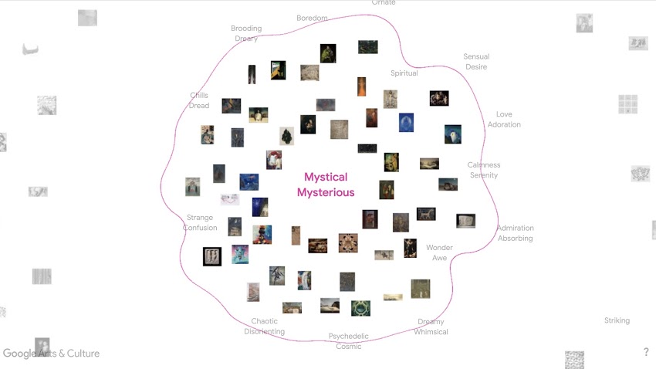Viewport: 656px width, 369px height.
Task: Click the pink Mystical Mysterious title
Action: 326,184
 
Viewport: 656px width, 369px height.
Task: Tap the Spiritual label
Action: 404,73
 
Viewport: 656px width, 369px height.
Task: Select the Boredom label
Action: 312,18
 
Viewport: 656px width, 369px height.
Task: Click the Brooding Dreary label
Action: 246,33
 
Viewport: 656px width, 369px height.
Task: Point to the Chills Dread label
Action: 199,100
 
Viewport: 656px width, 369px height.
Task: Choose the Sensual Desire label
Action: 476,62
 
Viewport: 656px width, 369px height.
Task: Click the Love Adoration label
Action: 504,120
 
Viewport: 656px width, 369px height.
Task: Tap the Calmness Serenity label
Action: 484,170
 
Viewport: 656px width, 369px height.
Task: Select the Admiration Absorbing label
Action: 515,233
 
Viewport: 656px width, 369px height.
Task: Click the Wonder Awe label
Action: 439,252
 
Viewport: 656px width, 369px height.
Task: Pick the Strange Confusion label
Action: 200,222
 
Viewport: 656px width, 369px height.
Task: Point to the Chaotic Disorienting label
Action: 264,327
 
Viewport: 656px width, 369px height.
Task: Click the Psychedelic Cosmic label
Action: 349,341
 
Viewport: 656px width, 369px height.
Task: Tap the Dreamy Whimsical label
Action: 431,327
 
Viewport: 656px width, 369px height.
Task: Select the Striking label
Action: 617,320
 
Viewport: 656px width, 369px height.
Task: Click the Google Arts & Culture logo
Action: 51,354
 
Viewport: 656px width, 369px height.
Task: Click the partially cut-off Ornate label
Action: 384,3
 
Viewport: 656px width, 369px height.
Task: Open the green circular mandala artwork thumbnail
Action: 360,308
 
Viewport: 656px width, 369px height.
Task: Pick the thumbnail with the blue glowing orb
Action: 406,122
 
